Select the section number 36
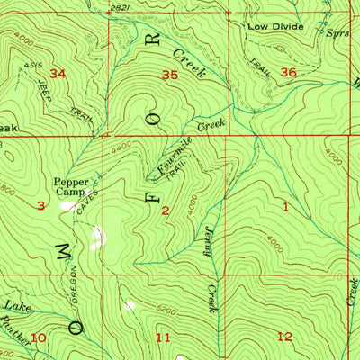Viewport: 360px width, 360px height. pyautogui.click(x=287, y=72)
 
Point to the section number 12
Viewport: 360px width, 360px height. pyautogui.click(x=285, y=337)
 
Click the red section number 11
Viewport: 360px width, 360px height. pyautogui.click(x=163, y=337)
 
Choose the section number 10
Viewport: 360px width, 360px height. pyautogui.click(x=38, y=337)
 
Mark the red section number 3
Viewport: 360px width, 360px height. pyautogui.click(x=41, y=206)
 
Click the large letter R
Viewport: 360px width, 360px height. pyautogui.click(x=154, y=40)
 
